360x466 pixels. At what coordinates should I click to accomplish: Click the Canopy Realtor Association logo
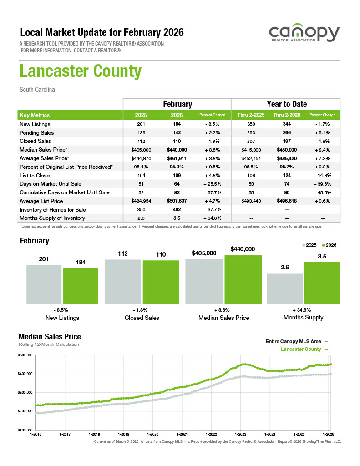click(x=304, y=35)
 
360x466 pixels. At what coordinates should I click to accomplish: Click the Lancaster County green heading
click(x=80, y=71)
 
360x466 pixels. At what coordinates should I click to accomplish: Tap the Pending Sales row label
click(x=37, y=133)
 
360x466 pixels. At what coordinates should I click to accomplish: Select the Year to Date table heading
click(x=286, y=104)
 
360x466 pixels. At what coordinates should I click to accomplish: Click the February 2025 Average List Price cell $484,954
click(x=141, y=201)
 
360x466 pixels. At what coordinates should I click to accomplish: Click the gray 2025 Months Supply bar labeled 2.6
click(x=284, y=288)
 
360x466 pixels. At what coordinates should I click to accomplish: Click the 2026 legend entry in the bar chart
click(x=328, y=245)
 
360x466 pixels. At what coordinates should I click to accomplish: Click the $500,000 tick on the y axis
click(x=25, y=355)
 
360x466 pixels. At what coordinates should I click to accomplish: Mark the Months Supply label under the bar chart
click(x=303, y=317)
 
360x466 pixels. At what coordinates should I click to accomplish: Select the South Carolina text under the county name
click(x=37, y=90)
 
